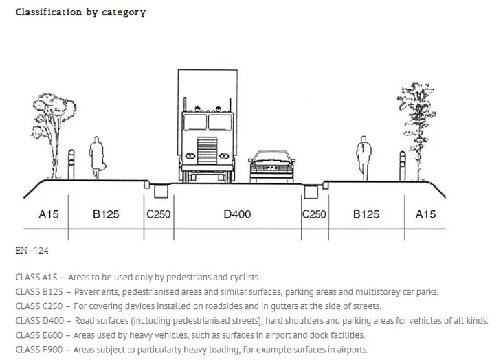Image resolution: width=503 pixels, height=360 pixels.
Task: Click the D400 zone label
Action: point(237,214)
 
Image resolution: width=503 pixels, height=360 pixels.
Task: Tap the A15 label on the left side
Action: point(48,214)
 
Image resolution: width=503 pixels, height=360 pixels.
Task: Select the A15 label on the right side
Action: point(425,214)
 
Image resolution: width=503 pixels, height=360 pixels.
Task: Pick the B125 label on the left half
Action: point(106,214)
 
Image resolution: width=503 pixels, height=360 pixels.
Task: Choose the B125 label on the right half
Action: point(366,214)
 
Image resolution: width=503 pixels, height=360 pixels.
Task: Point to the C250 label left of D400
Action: point(159,214)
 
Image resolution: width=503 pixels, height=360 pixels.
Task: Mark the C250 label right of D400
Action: point(315,214)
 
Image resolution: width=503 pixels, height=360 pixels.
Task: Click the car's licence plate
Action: point(271,168)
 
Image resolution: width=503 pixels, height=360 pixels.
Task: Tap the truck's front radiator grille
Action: point(207,150)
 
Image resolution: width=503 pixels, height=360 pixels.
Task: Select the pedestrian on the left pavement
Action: point(97,157)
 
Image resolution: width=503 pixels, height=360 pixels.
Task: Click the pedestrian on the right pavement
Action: point(364,158)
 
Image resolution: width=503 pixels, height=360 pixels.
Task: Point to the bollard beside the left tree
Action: point(71,165)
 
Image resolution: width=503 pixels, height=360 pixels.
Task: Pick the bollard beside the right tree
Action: point(402,166)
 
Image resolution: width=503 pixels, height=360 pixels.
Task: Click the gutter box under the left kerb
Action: point(161,192)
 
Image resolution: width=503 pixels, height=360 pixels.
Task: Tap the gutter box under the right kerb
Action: point(311,192)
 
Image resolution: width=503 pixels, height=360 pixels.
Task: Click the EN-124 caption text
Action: point(32,250)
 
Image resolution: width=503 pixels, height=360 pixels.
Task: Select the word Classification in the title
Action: point(49,12)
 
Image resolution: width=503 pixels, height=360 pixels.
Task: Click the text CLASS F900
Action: point(39,350)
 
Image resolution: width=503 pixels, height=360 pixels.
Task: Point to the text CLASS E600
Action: point(39,335)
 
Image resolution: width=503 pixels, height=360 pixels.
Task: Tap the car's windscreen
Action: point(271,157)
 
